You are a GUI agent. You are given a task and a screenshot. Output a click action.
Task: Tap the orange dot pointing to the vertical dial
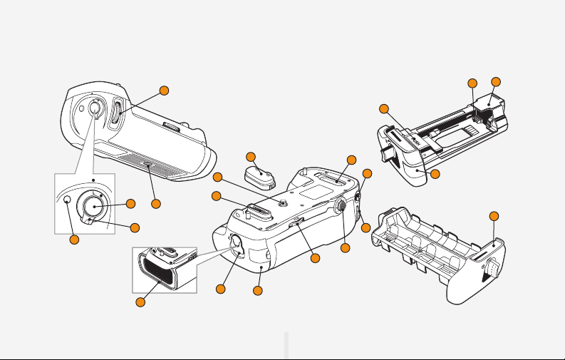point(165,91)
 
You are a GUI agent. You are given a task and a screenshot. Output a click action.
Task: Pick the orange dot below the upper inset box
point(73,240)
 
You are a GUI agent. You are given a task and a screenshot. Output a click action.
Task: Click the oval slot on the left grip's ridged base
point(148,165)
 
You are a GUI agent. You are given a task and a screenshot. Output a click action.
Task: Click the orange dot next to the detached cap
point(251,157)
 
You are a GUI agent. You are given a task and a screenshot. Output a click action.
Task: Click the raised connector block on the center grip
point(255,212)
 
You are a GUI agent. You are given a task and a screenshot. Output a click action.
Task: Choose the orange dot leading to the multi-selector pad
point(346,247)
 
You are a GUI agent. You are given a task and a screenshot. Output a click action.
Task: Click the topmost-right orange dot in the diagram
point(496,82)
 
